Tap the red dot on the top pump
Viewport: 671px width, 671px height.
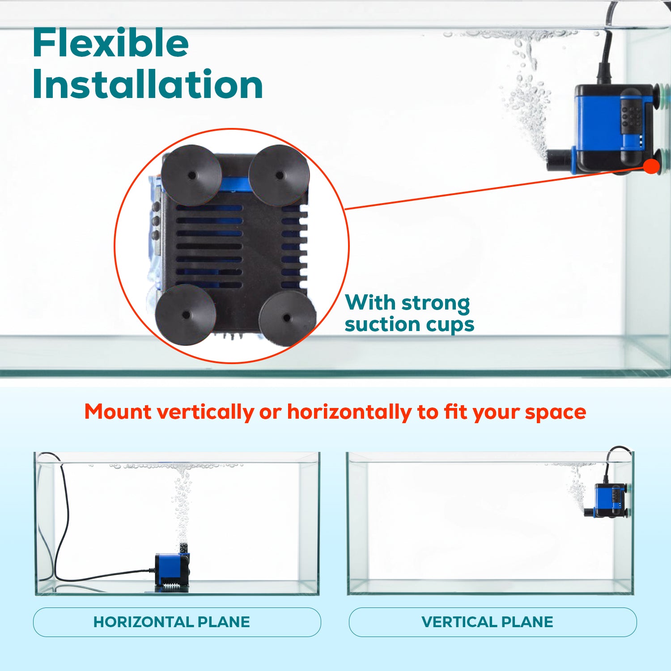click(x=652, y=166)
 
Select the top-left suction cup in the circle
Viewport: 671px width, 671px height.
click(x=191, y=175)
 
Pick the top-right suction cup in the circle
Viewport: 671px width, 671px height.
click(x=279, y=175)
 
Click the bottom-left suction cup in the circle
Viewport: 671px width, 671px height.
click(x=186, y=315)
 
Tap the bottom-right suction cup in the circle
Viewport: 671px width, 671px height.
click(x=286, y=319)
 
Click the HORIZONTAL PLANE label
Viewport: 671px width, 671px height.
click(x=172, y=622)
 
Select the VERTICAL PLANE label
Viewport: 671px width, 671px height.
click(x=487, y=622)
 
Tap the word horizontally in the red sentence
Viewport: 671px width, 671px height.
click(x=349, y=412)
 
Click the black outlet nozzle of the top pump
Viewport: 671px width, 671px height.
click(x=559, y=160)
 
